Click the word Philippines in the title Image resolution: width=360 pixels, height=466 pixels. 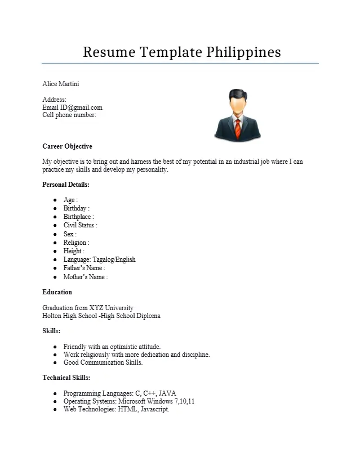(243, 52)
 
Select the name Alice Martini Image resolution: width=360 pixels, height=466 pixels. (61, 84)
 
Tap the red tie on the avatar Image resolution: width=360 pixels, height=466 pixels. (238, 129)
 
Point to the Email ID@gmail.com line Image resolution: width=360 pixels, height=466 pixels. (72, 107)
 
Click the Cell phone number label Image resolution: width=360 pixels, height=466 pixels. (69, 115)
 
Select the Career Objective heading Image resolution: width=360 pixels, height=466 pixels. (67, 146)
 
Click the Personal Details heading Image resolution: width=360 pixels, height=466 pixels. (66, 185)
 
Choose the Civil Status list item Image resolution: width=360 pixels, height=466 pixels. (80, 225)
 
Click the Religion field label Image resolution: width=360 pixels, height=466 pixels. (76, 243)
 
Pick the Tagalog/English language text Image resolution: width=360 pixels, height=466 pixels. (114, 259)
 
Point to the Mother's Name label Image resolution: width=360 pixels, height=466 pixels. (85, 277)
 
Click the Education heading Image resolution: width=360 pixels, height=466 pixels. (57, 292)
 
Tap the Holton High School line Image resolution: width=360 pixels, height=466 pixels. (101, 316)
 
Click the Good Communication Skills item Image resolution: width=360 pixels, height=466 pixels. (103, 362)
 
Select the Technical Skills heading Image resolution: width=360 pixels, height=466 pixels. (66, 378)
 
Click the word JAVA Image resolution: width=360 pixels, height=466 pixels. (168, 393)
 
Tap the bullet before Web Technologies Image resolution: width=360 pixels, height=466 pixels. (55, 409)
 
